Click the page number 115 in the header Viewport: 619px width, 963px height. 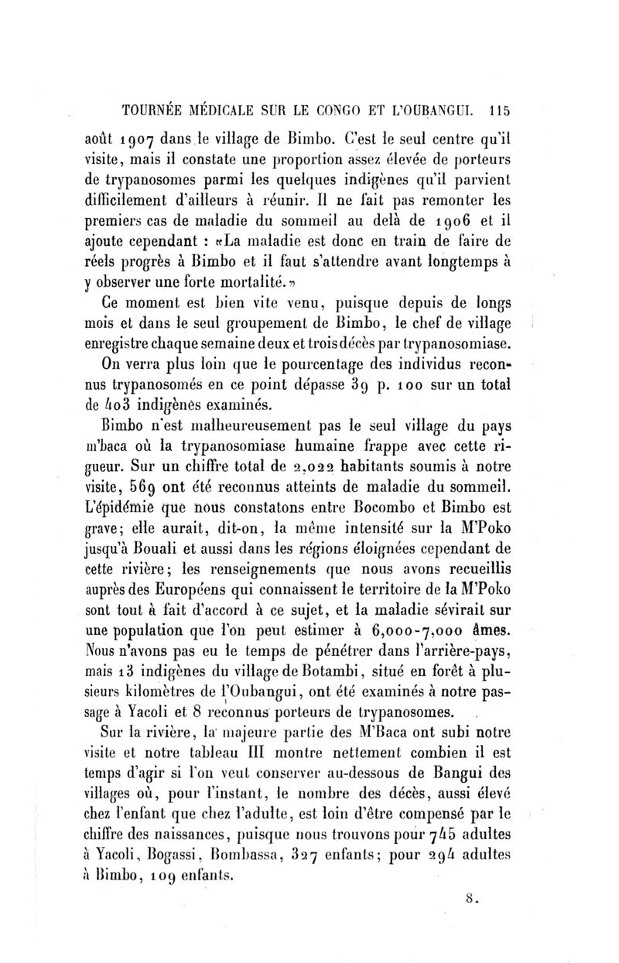coord(493,109)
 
